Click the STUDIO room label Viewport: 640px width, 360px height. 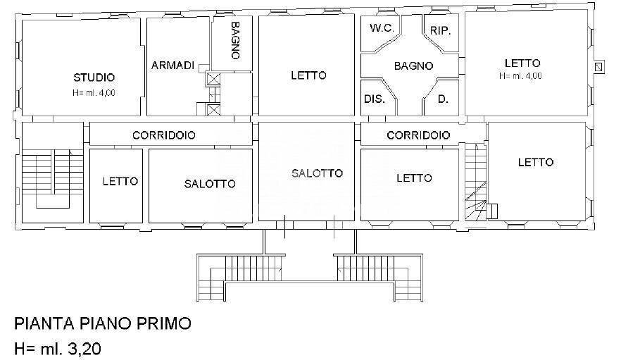pos(94,77)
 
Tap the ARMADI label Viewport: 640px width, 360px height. pos(172,65)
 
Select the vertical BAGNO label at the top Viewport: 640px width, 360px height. pos(237,42)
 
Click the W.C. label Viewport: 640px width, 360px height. pos(381,29)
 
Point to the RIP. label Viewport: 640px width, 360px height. pos(439,31)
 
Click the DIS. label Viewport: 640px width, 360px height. pos(374,99)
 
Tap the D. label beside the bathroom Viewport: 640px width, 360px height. pos(443,99)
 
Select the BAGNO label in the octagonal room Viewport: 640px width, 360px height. pos(413,66)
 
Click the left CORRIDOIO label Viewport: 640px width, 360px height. pos(164,135)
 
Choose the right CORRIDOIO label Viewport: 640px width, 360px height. pos(418,135)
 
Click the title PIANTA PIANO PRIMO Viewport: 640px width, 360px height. pos(103,323)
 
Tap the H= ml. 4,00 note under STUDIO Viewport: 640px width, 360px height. pos(94,92)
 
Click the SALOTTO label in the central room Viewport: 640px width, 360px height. pos(318,173)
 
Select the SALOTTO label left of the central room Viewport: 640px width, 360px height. pos(210,184)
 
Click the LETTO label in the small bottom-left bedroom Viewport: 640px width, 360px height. pos(120,181)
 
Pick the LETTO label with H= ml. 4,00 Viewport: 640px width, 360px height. pos(522,63)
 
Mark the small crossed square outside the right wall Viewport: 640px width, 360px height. pos(598,67)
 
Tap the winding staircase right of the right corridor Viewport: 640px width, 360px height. pos(475,180)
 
